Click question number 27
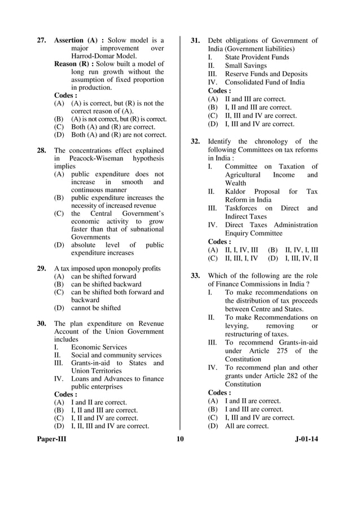pos(42,41)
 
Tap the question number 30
pos(42,324)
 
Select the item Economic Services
pos(99,347)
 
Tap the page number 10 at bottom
pos(180,439)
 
